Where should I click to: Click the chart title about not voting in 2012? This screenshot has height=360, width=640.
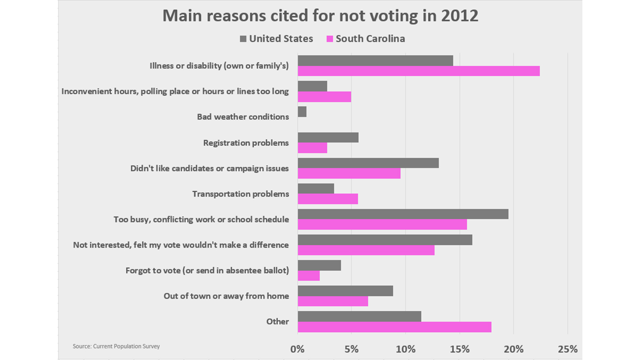coord(320,16)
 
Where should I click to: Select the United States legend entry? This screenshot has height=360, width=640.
coord(276,39)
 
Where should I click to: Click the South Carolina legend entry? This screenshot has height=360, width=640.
coord(365,39)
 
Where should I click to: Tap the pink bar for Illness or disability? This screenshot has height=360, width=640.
coord(418,71)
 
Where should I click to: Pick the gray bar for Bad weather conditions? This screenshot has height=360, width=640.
coord(302,112)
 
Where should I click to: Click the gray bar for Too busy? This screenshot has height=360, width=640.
coord(403,214)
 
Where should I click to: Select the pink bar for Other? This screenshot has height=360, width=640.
coord(394,327)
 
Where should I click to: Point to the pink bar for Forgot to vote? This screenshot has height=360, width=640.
coord(308,276)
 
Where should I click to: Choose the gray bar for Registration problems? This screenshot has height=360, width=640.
coord(328,137)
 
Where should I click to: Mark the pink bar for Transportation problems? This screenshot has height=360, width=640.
coord(327,199)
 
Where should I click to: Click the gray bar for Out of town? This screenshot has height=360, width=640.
coord(345,291)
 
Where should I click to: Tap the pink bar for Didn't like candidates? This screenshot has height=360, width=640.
coord(349,173)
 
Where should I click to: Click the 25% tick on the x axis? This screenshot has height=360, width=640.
coord(567,349)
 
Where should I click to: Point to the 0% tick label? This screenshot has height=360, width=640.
coord(298,349)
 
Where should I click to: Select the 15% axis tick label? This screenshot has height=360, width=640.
coord(460,349)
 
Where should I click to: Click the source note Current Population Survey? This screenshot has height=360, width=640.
coord(116,346)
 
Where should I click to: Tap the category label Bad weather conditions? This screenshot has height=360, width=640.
coord(243,117)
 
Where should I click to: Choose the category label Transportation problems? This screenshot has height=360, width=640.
coord(240,194)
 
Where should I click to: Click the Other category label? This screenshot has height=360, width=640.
coord(277,322)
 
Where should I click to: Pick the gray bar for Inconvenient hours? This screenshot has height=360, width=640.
coord(312,86)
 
